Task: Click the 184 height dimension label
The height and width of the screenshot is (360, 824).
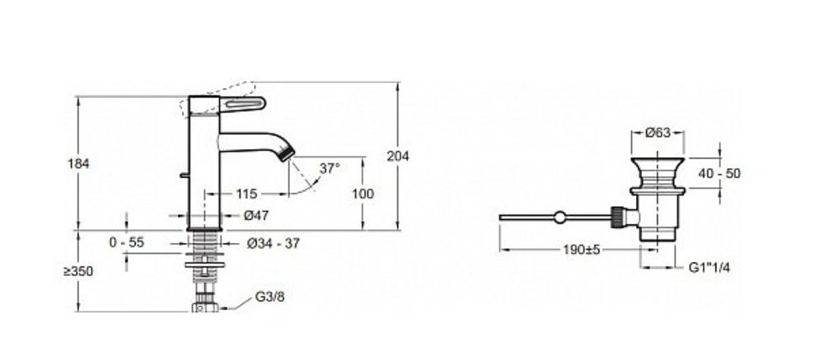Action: point(78,163)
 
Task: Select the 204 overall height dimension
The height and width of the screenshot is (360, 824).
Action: point(398,156)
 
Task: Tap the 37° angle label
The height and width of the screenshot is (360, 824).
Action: point(330,168)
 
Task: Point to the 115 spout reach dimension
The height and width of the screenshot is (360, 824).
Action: point(246,194)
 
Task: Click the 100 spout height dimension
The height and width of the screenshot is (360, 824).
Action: point(363,194)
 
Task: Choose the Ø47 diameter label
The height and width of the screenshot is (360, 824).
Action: point(256,216)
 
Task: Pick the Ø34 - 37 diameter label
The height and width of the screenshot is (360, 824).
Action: point(274,243)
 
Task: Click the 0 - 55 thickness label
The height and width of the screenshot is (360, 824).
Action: point(127,242)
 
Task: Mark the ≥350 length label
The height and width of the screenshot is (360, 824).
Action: point(78,271)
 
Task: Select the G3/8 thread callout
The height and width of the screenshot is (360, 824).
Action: point(269,297)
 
